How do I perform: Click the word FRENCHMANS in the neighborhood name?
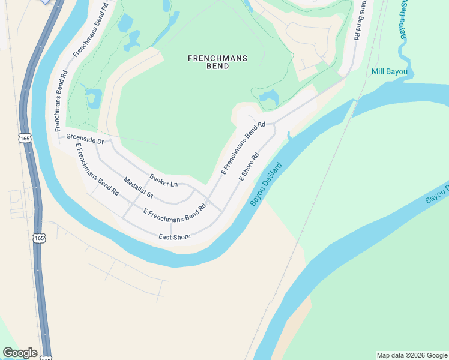pyautogui.click(x=218, y=58)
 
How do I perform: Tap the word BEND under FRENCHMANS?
pyautogui.click(x=218, y=66)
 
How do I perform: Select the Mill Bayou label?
pyautogui.click(x=389, y=72)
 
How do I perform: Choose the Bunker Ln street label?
pyautogui.click(x=164, y=180)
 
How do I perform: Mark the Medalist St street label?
pyautogui.click(x=139, y=188)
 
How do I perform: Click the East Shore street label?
pyautogui.click(x=175, y=237)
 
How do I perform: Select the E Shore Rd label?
pyautogui.click(x=249, y=167)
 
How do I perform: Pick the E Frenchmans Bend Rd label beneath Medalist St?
pyautogui.click(x=175, y=212)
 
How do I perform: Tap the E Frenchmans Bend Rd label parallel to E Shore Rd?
pyautogui.click(x=243, y=148)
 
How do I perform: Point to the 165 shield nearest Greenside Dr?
pyautogui.click(x=25, y=138)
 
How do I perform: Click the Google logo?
pyautogui.click(x=20, y=353)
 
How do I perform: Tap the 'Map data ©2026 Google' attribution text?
pyautogui.click(x=411, y=355)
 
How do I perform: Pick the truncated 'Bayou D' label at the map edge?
pyautogui.click(x=437, y=194)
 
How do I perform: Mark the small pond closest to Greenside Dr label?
pyautogui.click(x=94, y=98)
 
